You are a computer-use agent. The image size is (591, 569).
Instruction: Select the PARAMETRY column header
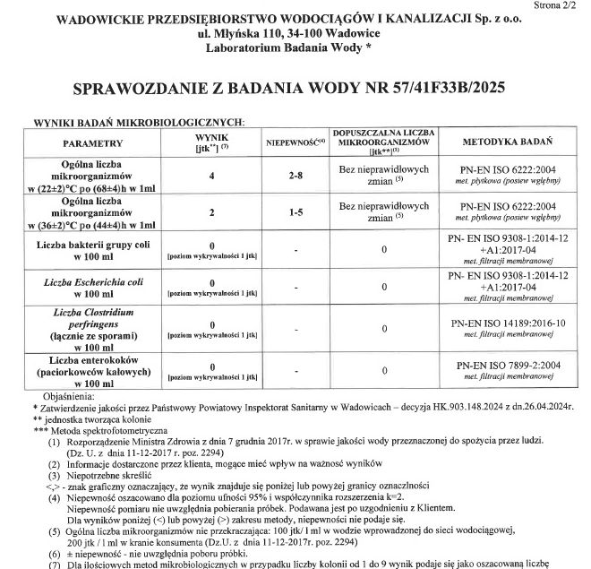(92, 143)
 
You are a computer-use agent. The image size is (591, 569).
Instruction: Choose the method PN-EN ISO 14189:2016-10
(512, 322)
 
